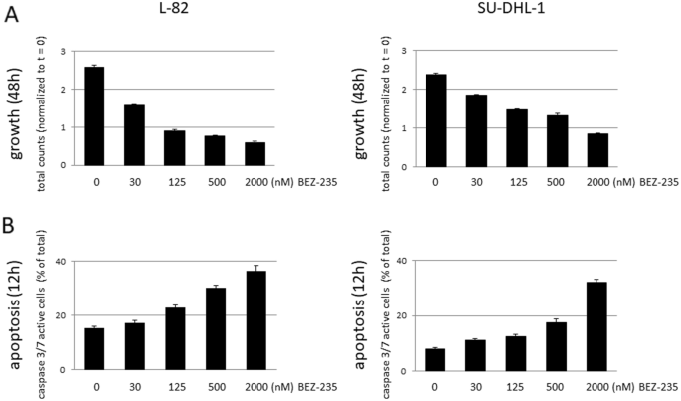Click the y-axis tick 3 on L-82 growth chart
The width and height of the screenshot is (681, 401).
click(66, 51)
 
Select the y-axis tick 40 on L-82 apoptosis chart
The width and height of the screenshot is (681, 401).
click(62, 262)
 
